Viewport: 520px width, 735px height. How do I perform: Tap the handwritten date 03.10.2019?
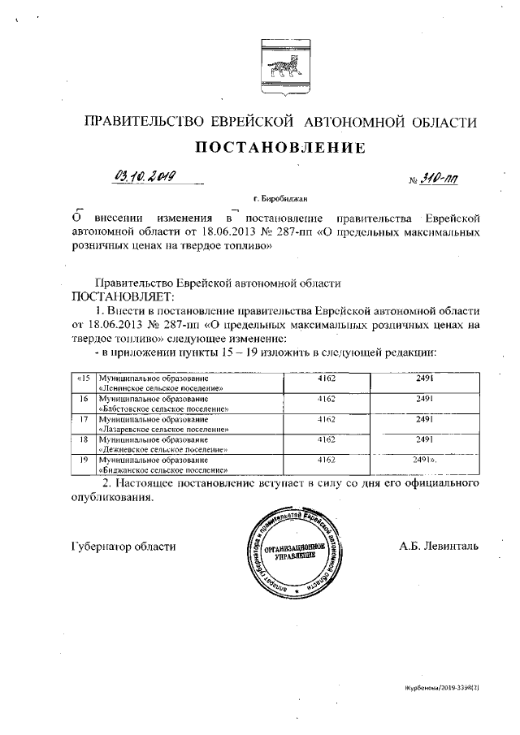pos(147,176)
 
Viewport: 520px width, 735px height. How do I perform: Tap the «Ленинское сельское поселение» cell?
pos(188,383)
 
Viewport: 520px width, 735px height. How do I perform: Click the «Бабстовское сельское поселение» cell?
pos(188,404)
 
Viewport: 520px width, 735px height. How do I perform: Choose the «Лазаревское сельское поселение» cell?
pos(188,424)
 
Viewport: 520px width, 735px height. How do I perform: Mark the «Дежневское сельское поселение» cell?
pos(188,444)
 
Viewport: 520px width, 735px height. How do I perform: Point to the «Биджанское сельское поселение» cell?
pos(188,464)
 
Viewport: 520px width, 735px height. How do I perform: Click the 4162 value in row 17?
pos(327,419)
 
